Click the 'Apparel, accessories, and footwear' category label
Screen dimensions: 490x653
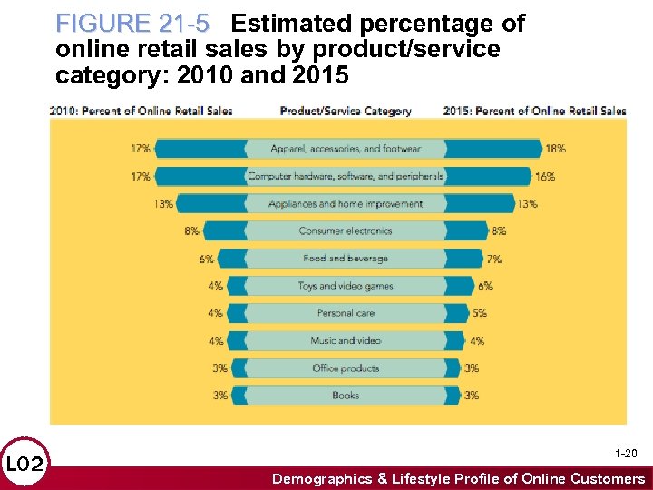(x=346, y=149)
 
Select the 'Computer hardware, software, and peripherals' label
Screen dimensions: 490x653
(x=346, y=176)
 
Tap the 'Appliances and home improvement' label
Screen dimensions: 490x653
(x=346, y=204)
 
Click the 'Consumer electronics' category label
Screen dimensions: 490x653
(x=346, y=231)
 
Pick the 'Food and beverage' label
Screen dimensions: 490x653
(x=346, y=259)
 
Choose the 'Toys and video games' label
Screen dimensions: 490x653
(x=346, y=286)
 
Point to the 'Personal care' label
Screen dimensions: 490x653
(x=346, y=313)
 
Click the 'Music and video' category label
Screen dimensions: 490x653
(x=346, y=340)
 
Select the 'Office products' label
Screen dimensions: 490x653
(x=346, y=368)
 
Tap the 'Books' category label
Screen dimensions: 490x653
(x=346, y=396)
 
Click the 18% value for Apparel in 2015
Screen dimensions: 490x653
(x=556, y=149)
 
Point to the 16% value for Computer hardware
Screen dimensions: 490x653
(x=545, y=176)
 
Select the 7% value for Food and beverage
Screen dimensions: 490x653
(x=493, y=259)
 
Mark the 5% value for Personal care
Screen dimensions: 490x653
(x=479, y=313)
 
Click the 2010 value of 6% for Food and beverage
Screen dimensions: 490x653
(x=207, y=259)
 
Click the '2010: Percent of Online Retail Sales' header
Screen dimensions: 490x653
(x=141, y=111)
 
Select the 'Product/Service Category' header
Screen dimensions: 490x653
(x=346, y=111)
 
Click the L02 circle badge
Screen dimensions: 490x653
(x=25, y=465)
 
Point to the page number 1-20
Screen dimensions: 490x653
(x=626, y=453)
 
